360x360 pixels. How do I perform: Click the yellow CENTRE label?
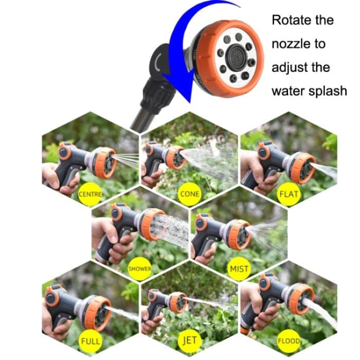90,194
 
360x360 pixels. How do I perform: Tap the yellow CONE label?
189,194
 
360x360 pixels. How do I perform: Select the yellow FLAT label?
288,195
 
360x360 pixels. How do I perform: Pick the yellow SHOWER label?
139,268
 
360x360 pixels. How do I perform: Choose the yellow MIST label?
239,268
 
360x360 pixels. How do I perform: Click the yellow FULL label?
90,340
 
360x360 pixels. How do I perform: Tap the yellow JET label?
189,340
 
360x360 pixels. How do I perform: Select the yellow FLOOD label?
288,340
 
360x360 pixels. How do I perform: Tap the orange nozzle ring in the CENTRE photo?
106,162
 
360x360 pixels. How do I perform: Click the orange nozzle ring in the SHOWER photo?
147,225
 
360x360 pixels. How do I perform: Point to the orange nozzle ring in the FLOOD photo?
300,298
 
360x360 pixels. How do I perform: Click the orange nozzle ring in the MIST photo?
239,234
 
